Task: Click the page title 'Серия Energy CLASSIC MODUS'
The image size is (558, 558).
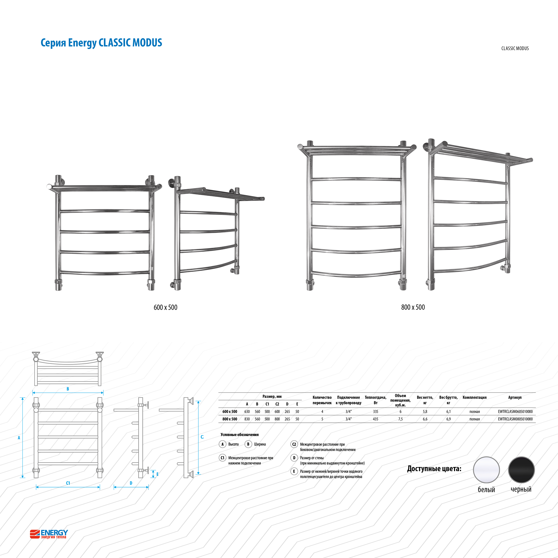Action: click(x=101, y=43)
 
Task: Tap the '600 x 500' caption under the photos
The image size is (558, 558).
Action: click(x=165, y=307)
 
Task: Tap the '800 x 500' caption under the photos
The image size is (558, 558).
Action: click(x=413, y=307)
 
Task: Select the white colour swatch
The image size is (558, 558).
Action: click(x=486, y=470)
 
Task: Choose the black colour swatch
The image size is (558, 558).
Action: click(x=521, y=470)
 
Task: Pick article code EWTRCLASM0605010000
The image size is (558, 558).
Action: click(x=515, y=412)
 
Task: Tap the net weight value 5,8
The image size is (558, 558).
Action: click(x=425, y=412)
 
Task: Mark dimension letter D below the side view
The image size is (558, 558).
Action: click(x=131, y=483)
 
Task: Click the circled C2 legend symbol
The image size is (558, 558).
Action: click(x=294, y=444)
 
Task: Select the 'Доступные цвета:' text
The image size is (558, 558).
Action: click(x=434, y=469)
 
